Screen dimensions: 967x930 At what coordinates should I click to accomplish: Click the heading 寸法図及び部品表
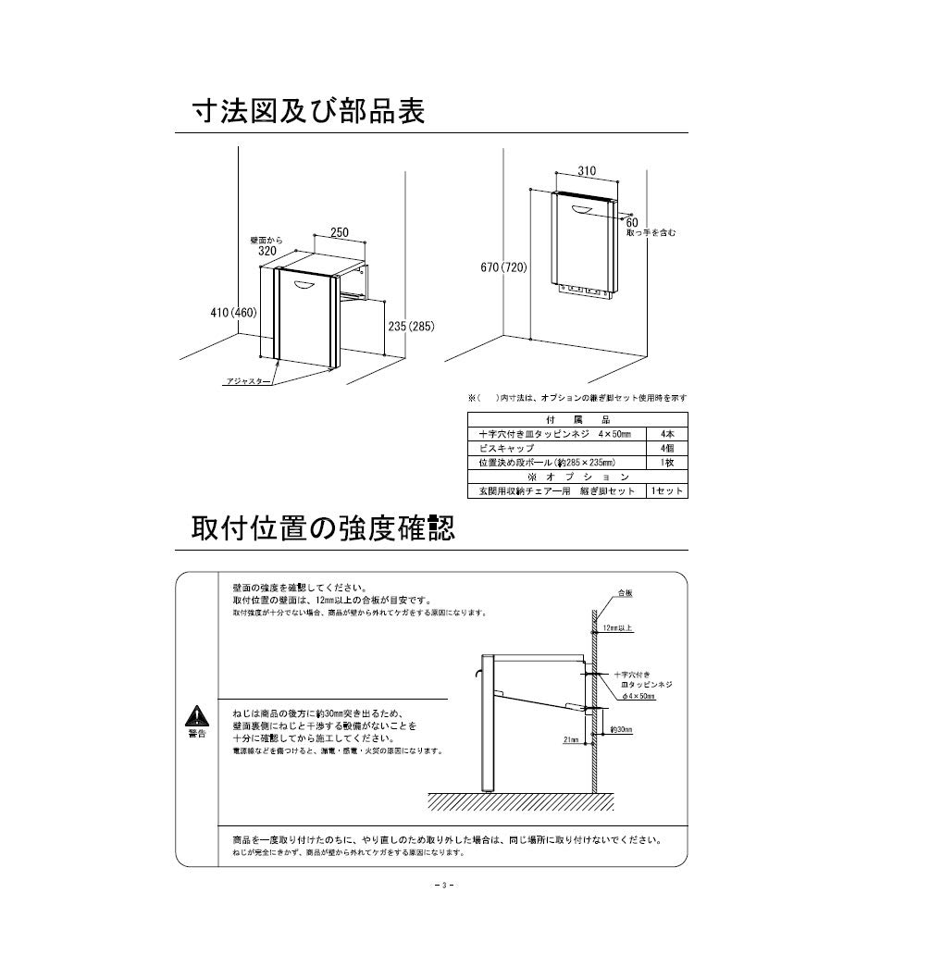[308, 112]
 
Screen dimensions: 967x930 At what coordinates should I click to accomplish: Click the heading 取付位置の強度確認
[323, 529]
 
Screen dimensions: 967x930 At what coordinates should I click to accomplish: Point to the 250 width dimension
[340, 233]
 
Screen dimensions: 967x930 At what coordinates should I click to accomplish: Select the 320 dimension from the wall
[267, 251]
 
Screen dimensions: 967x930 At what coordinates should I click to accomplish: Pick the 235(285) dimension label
[410, 326]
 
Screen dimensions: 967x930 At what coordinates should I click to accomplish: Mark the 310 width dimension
[587, 170]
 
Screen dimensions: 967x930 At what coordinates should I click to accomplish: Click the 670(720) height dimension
[503, 267]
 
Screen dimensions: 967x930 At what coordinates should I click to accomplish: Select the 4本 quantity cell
[667, 433]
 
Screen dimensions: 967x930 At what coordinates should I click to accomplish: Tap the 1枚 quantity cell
[667, 461]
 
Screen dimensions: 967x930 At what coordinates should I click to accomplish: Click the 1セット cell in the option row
[667, 490]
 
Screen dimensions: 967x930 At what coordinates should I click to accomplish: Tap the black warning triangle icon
[196, 715]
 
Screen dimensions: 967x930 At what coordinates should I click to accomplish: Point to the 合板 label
[625, 593]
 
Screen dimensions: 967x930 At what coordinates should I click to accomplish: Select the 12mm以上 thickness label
[616, 627]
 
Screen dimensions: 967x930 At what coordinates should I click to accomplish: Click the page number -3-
[443, 886]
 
